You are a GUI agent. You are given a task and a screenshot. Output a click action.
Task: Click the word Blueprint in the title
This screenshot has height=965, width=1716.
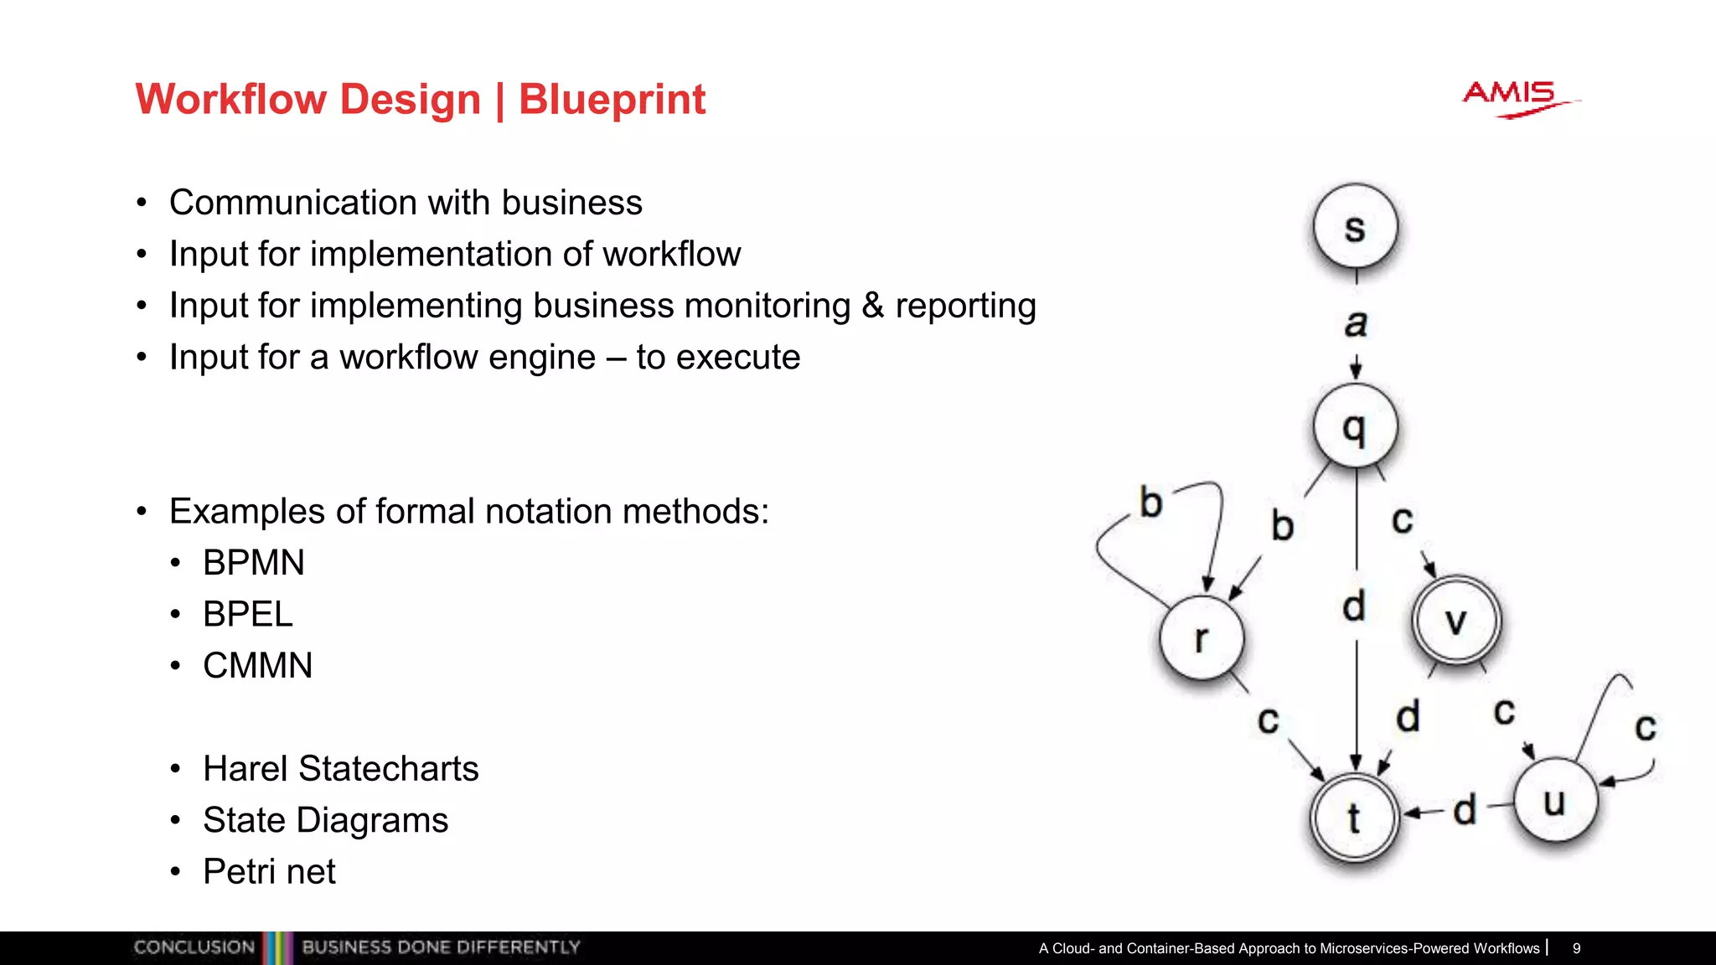pos(612,100)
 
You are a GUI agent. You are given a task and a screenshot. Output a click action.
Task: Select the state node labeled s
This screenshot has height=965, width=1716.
pos(1355,227)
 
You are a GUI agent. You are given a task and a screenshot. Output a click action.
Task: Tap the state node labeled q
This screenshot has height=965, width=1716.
pos(1355,426)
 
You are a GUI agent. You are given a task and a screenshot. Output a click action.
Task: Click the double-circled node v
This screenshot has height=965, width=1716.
pos(1456,621)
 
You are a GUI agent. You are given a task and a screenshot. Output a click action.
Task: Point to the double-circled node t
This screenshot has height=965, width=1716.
pos(1354,818)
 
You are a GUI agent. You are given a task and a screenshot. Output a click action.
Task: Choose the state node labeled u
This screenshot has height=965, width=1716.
pos(1555,801)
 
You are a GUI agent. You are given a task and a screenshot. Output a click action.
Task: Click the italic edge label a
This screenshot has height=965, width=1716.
pos(1356,323)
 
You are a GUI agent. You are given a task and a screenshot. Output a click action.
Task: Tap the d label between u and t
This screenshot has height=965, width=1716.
pos(1464,810)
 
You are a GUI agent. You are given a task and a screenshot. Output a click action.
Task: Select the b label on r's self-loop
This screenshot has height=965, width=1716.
pos(1151,503)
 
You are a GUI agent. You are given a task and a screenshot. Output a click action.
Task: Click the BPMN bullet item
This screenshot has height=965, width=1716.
pos(253,563)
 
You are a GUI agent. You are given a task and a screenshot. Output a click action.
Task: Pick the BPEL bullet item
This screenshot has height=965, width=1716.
pos(247,614)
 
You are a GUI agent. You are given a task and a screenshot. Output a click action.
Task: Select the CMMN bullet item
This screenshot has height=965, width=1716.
pos(257,666)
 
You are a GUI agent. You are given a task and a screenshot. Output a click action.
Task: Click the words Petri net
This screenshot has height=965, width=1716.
pos(269,872)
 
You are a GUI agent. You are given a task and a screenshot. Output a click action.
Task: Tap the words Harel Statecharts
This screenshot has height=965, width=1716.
pos(340,769)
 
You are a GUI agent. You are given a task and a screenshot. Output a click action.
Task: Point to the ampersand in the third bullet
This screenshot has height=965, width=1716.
pos(872,306)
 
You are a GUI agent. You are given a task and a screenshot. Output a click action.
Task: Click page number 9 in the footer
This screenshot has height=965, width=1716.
pos(1576,948)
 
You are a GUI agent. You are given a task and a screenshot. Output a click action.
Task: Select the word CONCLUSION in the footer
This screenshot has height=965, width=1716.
pos(194,947)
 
